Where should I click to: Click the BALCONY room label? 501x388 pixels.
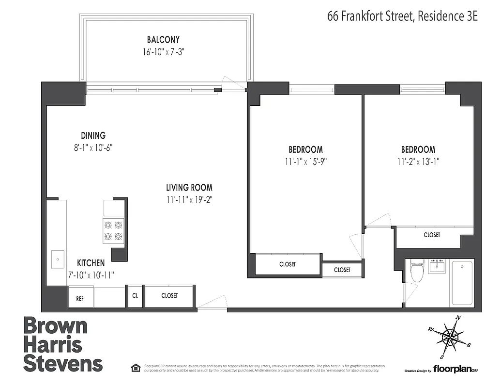click(163, 40)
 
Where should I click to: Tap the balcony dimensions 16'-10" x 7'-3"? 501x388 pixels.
click(164, 52)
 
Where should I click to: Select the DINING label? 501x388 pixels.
click(93, 136)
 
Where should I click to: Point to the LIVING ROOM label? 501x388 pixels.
click(189, 188)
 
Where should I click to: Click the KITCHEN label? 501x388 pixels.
click(91, 263)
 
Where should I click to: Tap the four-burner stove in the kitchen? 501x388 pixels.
click(113, 231)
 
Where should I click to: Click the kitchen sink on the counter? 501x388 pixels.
click(57, 259)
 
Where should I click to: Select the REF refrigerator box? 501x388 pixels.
click(80, 299)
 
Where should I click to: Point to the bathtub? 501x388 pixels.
click(462, 283)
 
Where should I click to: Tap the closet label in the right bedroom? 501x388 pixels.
click(432, 235)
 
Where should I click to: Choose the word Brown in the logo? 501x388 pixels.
click(55, 326)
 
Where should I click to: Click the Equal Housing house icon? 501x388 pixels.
click(136, 368)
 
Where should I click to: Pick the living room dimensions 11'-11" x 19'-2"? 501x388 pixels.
click(189, 199)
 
